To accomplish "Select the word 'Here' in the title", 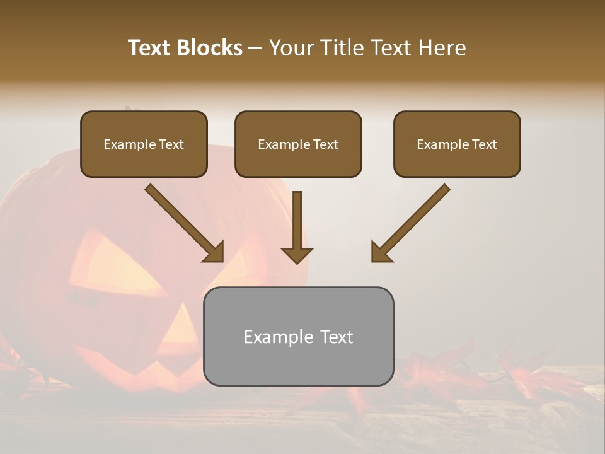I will pos(444,48).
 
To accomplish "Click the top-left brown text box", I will pos(144,144).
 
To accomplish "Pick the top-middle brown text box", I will pos(298,144).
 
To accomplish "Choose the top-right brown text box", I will pos(457,144).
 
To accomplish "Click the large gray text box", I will pos(298,337).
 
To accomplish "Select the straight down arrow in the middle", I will pos(297,227).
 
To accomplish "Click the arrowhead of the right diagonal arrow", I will pos(381,252).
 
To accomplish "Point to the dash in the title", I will pos(255,49).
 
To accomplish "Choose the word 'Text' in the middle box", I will pos(325,144).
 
